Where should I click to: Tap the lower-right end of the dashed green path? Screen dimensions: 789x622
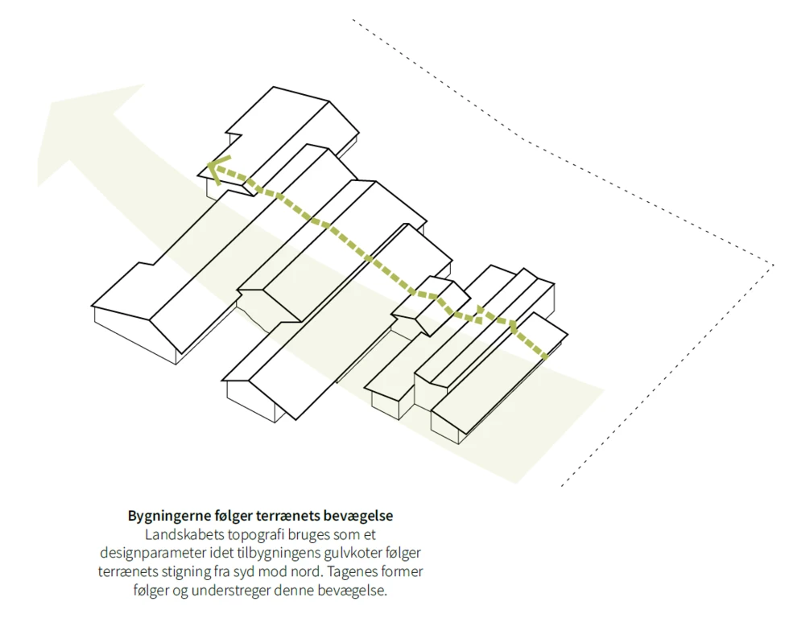(547, 356)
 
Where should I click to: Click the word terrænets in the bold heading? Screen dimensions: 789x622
(291, 516)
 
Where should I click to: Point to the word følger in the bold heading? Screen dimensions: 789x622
(236, 516)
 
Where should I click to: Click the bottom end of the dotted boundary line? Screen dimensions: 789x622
(561, 486)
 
